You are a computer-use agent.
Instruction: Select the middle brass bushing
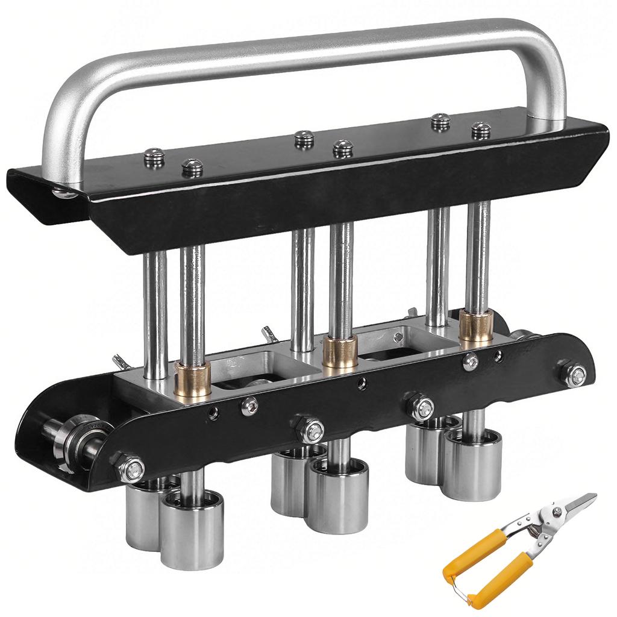pos(340,352)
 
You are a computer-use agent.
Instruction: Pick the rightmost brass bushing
pos(477,326)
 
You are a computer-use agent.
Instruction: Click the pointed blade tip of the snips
pos(593,496)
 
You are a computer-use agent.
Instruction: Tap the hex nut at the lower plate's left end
pos(131,468)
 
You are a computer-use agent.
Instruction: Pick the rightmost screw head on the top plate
pos(481,130)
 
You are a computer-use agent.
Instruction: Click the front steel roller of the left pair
pos(192,521)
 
